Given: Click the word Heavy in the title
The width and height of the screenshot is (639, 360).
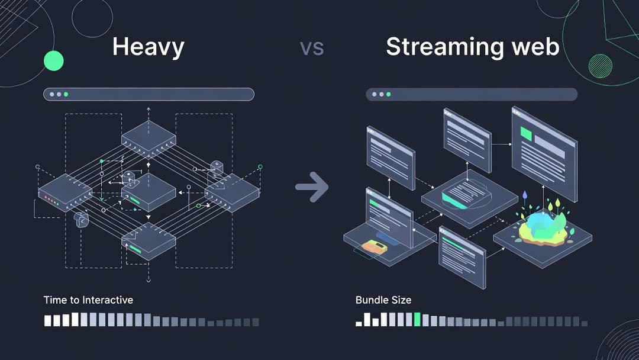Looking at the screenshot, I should point(148,47).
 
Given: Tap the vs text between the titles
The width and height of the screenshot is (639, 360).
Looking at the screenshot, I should point(311,48).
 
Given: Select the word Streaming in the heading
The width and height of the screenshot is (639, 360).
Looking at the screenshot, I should point(438,47).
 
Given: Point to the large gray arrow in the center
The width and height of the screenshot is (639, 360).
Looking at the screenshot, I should point(312,187).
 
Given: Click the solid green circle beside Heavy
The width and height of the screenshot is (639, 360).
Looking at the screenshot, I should point(54,60).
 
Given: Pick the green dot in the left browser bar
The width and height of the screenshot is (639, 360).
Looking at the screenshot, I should point(66,94).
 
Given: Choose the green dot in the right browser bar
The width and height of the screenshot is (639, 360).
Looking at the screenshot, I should point(389,94).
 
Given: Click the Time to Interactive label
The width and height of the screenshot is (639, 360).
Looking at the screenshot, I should point(88,300).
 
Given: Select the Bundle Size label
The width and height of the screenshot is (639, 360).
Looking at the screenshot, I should point(383,300).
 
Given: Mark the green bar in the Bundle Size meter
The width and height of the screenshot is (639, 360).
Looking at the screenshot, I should point(417,320).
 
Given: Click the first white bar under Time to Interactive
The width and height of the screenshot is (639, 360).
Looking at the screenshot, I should point(48,321).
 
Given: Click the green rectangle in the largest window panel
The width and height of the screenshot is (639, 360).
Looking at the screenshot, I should point(525,134).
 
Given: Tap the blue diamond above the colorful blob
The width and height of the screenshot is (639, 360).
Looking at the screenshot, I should point(524,194).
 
